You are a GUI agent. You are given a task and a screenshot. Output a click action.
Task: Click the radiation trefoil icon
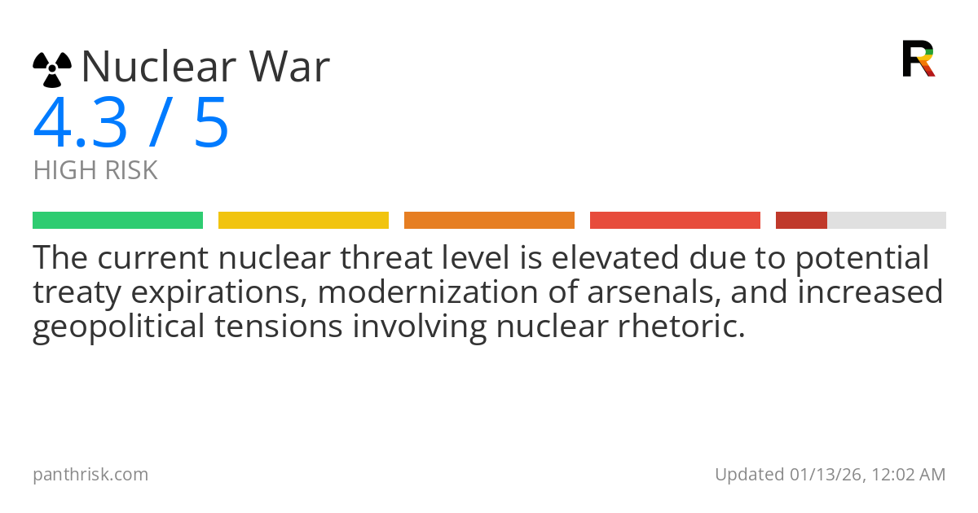coord(52,69)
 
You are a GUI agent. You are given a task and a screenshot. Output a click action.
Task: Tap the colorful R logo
coord(919,59)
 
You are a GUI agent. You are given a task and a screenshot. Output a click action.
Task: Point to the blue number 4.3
coord(80,124)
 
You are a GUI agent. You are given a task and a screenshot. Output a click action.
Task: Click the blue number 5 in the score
coord(211,124)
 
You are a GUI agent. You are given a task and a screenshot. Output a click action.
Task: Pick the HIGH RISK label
coord(95,171)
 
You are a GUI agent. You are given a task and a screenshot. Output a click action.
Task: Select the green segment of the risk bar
coord(117,221)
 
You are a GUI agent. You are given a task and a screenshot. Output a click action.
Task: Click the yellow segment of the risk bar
coord(303,221)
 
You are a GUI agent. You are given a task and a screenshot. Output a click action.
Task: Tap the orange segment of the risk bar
coord(489,221)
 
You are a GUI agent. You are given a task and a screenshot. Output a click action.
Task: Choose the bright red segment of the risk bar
coord(675,221)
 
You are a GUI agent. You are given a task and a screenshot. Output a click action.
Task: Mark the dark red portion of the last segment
coord(801,221)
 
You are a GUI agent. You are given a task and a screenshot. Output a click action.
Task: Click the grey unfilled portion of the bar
coord(887,221)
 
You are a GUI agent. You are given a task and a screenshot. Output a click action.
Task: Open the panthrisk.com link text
coord(90,475)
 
